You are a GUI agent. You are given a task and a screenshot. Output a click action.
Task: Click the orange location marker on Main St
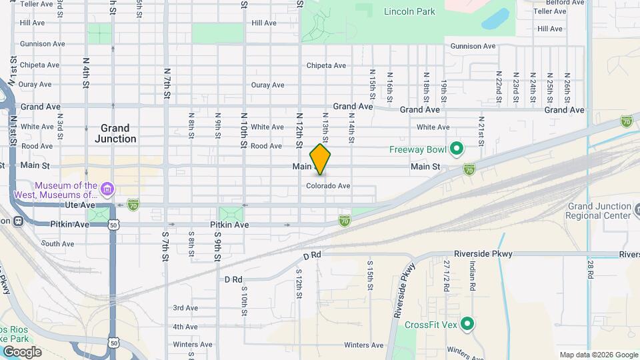pos(320,159)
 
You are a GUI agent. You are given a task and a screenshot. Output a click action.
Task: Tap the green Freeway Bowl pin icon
pos(457,148)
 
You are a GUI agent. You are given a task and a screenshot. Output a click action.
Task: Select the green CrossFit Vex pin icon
pos(467,325)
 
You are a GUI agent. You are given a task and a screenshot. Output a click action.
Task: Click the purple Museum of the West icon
pos(107,191)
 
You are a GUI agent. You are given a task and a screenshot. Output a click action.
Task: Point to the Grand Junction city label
pos(115,133)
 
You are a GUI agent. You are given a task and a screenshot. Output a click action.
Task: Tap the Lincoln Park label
pos(409,11)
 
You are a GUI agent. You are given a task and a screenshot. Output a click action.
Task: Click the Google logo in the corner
pos(21,352)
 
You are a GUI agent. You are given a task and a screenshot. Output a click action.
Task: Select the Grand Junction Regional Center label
pos(598,211)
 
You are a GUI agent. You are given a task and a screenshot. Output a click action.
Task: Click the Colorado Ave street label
pos(328,186)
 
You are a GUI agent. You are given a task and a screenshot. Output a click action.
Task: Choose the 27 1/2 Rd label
pos(447,277)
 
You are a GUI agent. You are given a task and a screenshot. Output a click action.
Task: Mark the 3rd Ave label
pos(185,308)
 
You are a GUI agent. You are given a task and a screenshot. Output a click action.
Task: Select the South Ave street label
pos(58,244)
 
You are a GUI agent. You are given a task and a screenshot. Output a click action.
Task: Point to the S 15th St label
pos(369,275)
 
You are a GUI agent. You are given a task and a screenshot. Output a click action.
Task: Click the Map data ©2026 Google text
pos(597,355)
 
